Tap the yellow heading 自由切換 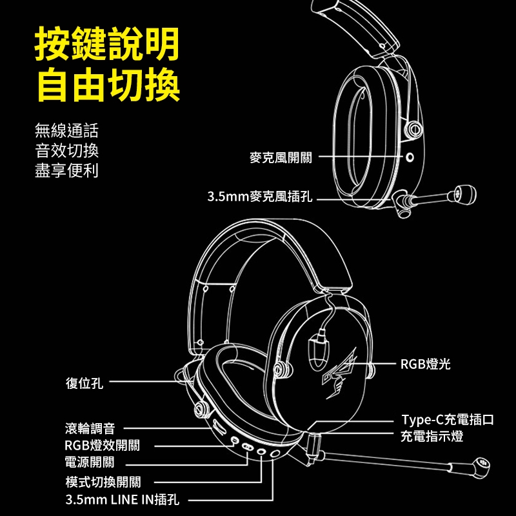[107, 84]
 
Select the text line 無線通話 [66, 132]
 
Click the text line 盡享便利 [66, 172]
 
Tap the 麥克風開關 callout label [281, 157]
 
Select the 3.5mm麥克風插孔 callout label [259, 197]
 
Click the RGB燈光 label [425, 364]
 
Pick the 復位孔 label [84, 383]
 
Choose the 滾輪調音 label [90, 428]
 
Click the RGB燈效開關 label [103, 445]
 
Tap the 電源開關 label [90, 462]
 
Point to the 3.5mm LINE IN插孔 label [123, 499]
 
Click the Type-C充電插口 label [447, 420]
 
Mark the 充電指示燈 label [432, 437]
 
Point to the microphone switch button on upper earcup [408, 157]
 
